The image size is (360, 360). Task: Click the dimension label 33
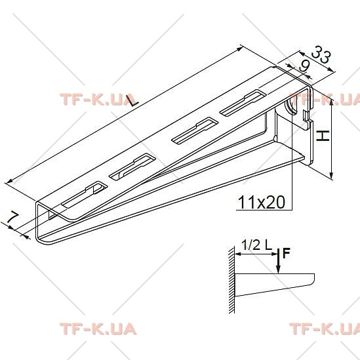321,54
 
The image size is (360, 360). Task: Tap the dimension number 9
304,67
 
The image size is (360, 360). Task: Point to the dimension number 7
12,217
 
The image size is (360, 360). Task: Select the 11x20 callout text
262,202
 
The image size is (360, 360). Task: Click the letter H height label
323,136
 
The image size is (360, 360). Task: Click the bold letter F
287,253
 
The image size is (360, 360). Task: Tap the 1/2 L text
256,245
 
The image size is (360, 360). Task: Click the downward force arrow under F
278,261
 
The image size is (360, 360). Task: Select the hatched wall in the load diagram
231,280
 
